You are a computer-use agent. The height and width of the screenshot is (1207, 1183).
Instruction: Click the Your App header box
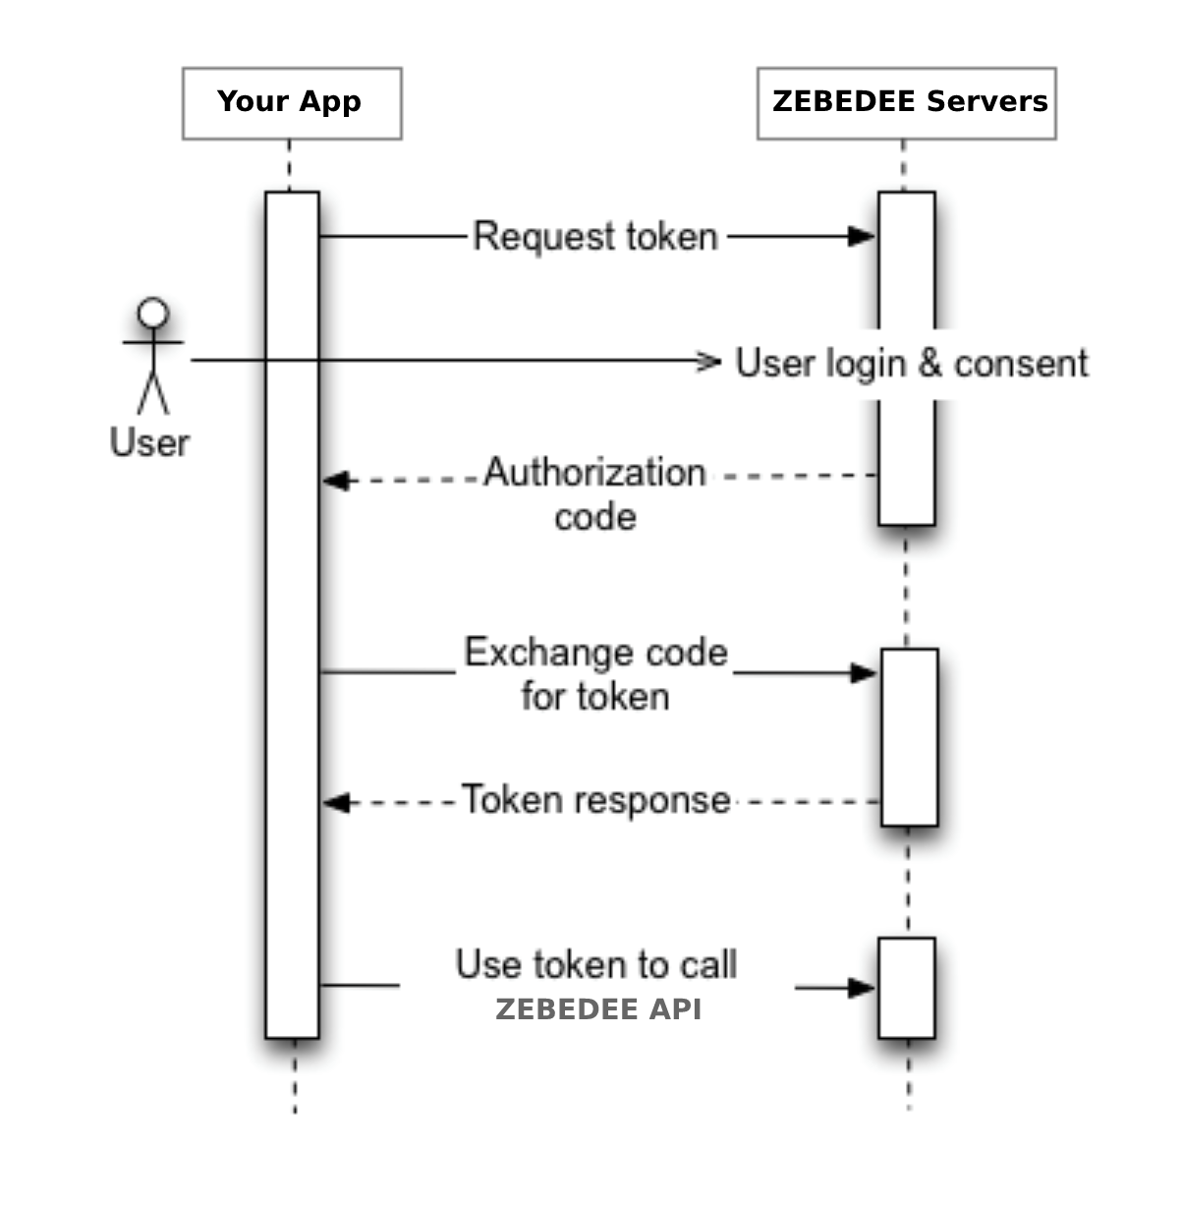292,103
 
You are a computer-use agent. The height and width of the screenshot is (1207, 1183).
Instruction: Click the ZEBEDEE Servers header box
906,103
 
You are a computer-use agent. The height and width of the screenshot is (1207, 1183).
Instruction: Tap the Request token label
595,237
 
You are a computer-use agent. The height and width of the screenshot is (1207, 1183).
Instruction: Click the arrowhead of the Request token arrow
862,236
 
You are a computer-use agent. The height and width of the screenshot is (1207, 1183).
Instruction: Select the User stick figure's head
152,314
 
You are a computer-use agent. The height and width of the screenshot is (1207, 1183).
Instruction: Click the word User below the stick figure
149,442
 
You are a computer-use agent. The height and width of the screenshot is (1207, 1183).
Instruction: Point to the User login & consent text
911,363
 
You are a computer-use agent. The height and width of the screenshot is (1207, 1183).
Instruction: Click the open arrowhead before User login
708,362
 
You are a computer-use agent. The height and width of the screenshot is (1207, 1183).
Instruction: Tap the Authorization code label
595,493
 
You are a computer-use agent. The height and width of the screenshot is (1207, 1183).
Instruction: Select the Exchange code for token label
595,674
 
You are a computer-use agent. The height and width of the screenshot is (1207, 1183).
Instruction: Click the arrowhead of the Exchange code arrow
864,673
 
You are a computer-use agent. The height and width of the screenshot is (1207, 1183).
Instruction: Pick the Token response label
595,800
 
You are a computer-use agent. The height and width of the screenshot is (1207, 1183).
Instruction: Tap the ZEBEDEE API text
598,1009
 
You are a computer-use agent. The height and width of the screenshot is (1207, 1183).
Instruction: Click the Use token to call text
595,964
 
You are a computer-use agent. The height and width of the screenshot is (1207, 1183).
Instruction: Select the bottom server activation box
906,988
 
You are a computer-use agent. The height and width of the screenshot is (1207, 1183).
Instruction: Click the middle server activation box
909,737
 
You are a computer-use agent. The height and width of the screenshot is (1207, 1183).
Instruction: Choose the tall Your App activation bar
292,614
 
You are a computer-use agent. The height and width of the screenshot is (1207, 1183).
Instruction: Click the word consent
1020,363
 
